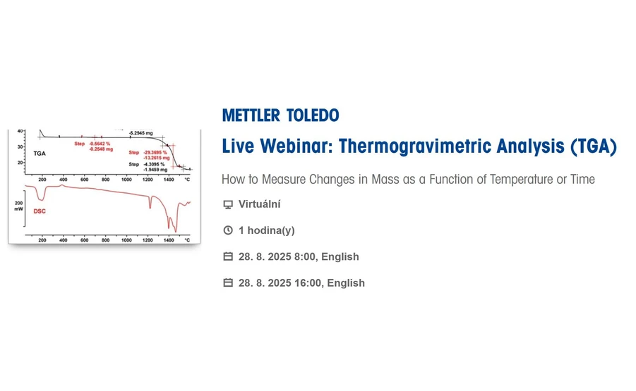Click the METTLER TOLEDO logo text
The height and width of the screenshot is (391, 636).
point(280,116)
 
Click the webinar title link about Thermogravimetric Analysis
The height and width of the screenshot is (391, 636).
point(419,147)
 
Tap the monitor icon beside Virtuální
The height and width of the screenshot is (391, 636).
point(228,204)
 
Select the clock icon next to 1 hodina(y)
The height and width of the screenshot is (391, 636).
point(228,230)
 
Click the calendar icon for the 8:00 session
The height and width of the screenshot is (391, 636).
point(228,256)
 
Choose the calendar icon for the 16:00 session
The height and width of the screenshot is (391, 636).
point(228,283)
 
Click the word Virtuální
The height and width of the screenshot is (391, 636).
point(259,204)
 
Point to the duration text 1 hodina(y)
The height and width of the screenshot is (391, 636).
point(266,230)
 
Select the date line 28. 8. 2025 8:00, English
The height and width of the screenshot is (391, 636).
point(299,256)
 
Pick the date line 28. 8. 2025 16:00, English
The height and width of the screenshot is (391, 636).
point(301,283)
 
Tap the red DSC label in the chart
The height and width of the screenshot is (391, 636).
point(40,211)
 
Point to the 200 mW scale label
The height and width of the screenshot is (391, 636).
point(18,205)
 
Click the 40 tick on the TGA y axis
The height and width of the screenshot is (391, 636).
point(19,131)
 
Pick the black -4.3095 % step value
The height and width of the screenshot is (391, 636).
point(154,164)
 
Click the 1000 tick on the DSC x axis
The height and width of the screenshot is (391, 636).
point(126,240)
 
